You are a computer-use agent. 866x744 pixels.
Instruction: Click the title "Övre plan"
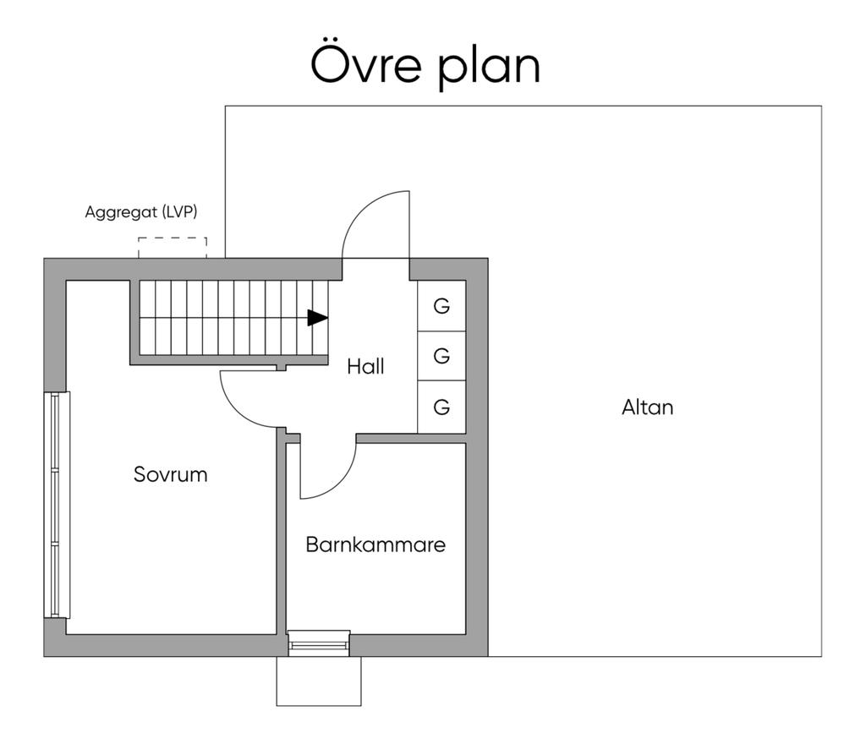425,65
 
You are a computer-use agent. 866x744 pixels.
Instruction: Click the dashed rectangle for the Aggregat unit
173,248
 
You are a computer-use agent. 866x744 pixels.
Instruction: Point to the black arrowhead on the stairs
317,318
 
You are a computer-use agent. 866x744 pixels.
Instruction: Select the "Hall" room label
365,367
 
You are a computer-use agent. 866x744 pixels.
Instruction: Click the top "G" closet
441,306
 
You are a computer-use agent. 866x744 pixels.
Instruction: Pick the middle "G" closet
441,357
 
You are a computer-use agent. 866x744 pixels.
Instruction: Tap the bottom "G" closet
441,408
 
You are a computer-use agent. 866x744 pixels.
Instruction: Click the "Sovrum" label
170,474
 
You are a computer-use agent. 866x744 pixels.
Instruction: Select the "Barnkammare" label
375,544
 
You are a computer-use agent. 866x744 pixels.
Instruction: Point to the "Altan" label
648,408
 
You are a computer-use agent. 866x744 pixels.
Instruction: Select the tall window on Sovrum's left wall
57,505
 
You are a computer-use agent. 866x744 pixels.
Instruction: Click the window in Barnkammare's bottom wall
319,644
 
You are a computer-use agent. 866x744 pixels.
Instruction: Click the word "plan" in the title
489,68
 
